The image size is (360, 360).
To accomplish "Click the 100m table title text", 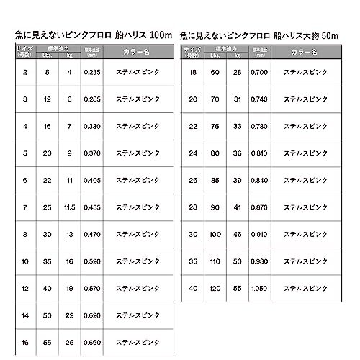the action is click(x=92, y=34).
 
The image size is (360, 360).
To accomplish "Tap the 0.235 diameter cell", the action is click(x=91, y=73).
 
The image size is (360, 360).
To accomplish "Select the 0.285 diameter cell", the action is click(x=91, y=99).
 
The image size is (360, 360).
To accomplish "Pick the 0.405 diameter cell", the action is click(x=91, y=180).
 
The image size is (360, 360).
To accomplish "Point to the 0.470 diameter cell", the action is click(x=91, y=235).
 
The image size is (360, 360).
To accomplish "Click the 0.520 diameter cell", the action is click(x=91, y=261).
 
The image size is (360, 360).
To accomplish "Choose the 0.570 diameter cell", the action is click(x=91, y=289).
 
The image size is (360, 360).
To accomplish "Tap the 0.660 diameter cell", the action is click(x=91, y=343).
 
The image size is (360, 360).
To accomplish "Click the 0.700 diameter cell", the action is click(x=259, y=73).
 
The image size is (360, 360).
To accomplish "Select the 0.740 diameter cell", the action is click(x=259, y=99).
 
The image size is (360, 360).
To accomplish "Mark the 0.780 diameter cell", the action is click(x=259, y=126).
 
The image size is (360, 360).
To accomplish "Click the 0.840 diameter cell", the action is click(x=259, y=180).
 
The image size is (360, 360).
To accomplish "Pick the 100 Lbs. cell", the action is click(x=215, y=235).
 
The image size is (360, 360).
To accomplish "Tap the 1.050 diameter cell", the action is click(x=259, y=289).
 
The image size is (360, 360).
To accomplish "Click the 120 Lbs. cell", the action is click(x=215, y=289).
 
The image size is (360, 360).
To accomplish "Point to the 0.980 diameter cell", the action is click(x=259, y=261).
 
